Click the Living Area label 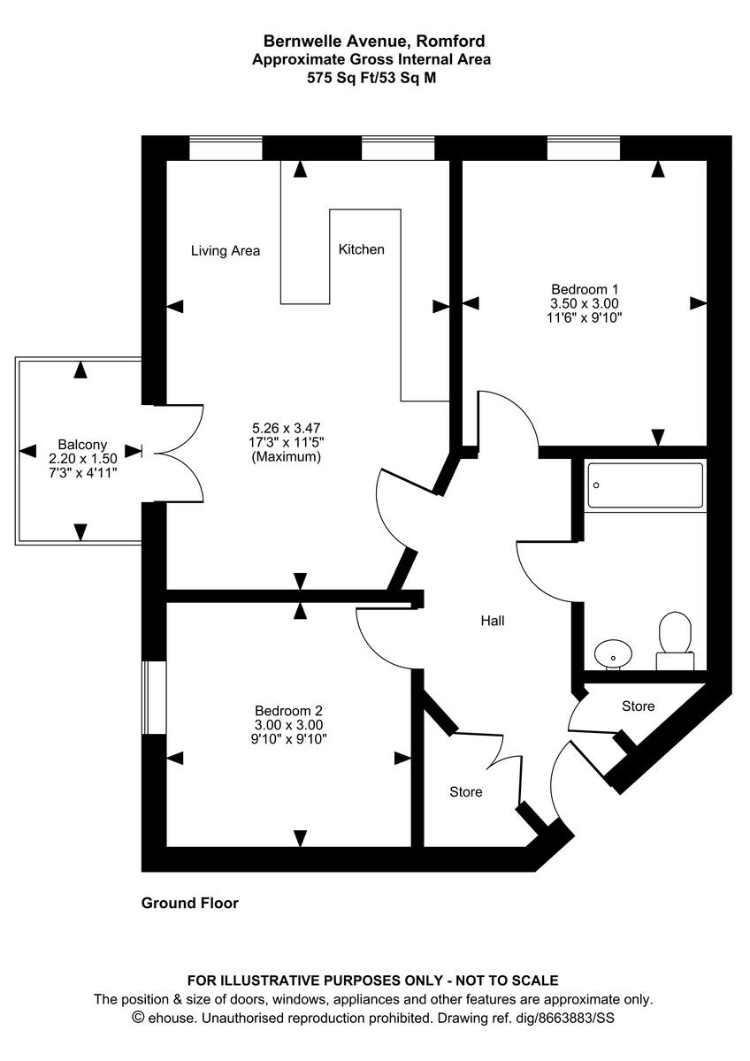click(226, 251)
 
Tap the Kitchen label click(362, 249)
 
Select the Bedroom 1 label click(585, 289)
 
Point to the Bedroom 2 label click(289, 710)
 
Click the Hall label click(493, 622)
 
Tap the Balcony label click(82, 444)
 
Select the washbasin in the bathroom click(613, 653)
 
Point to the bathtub click(646, 485)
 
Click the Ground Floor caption click(190, 904)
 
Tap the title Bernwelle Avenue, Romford click(374, 41)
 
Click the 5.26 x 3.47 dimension click(286, 426)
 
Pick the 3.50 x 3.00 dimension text click(585, 303)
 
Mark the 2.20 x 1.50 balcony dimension click(82, 459)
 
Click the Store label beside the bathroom click(638, 706)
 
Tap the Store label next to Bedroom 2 click(465, 791)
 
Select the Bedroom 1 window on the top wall click(583, 148)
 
